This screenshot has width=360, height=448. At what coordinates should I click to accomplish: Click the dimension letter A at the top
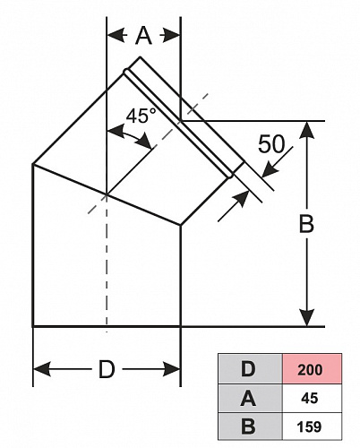[143, 36]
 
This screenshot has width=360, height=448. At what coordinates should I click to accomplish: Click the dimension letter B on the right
[306, 224]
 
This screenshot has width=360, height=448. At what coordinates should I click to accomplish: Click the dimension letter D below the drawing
[107, 369]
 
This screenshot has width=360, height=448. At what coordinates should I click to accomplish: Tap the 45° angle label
[141, 116]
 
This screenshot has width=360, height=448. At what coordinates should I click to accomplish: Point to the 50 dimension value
[271, 144]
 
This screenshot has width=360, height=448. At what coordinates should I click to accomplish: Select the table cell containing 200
[312, 369]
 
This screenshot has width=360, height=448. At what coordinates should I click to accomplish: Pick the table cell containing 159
[312, 426]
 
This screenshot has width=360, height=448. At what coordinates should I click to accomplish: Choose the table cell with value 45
[312, 399]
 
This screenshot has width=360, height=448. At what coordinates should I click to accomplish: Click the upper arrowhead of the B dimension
[307, 130]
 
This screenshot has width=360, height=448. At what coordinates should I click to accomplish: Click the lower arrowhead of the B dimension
[307, 318]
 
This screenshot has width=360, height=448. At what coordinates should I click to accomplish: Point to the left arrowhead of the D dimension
[41, 369]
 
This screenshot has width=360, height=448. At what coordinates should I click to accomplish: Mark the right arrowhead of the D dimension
[172, 369]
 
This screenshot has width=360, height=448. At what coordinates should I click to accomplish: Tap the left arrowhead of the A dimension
[116, 36]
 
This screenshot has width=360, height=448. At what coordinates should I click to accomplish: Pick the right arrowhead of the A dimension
[172, 36]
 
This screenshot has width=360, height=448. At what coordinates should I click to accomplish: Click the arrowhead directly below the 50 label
[270, 169]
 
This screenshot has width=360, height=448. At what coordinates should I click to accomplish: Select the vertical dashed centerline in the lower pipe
[107, 263]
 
